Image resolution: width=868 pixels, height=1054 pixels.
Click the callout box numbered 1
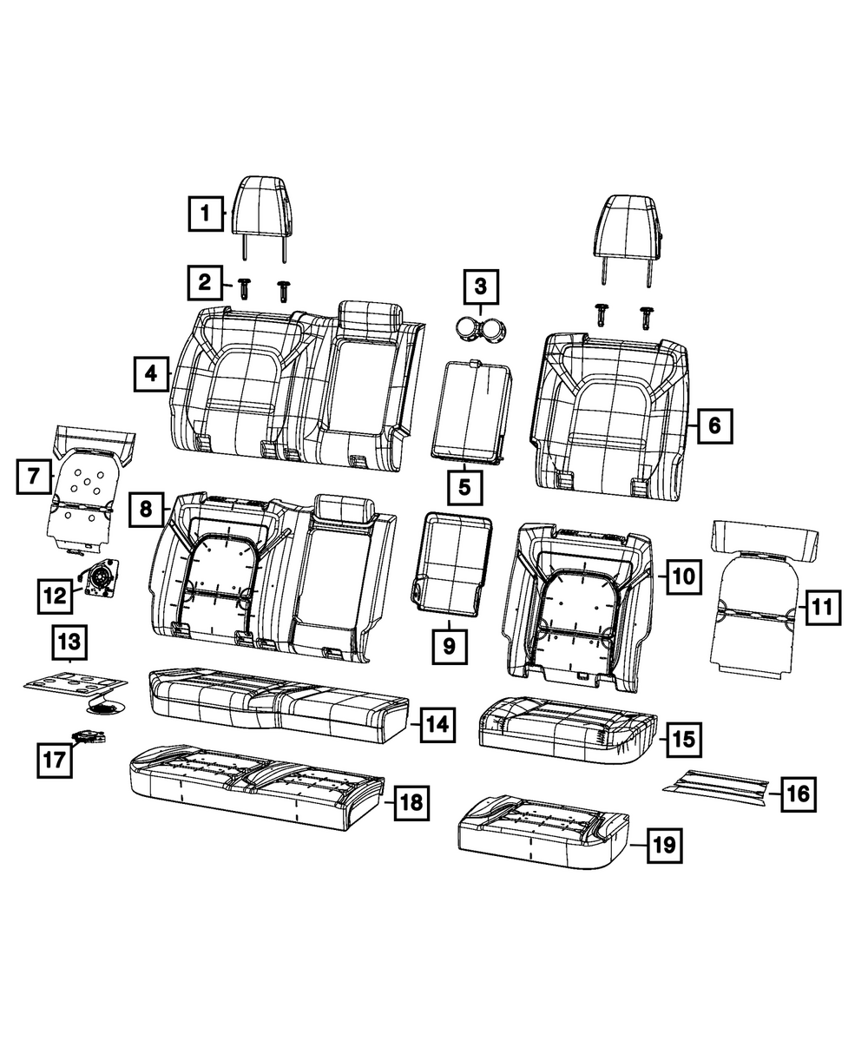pos(205,212)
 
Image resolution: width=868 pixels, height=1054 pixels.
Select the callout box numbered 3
pos(481,286)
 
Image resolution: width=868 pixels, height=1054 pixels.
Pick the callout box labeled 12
pos(54,596)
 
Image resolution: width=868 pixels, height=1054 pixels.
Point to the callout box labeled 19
pos(664,843)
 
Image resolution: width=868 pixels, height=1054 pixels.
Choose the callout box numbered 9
pos(449,645)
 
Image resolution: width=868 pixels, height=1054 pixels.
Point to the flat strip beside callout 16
pos(717,783)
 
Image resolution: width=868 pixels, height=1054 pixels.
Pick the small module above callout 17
pos(91,736)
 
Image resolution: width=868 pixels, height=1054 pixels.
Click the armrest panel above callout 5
pos(472,408)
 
